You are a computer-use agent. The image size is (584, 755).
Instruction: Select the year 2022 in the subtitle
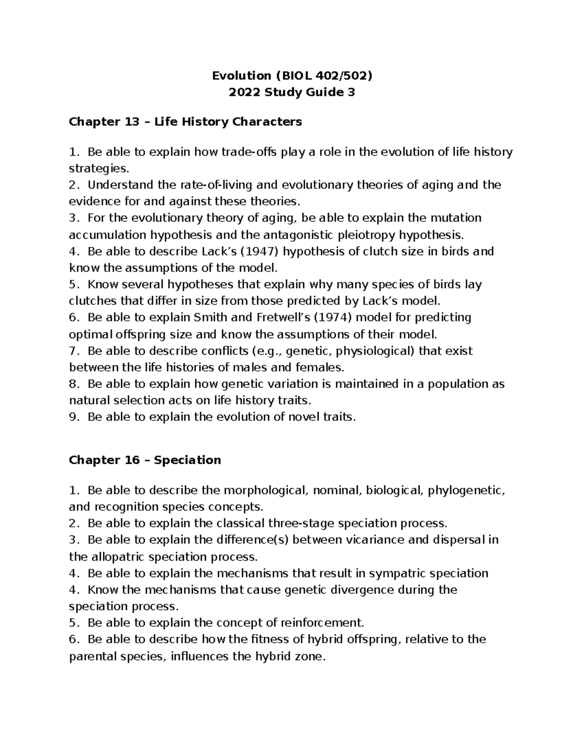[245, 92]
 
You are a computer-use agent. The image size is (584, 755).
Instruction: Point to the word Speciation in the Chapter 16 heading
[187, 460]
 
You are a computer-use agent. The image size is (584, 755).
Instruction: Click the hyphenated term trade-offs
[249, 152]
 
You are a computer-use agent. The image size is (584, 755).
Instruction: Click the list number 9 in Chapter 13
[73, 417]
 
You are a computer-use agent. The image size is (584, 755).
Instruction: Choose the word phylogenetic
[466, 490]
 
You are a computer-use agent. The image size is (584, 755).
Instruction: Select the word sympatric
[396, 573]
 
